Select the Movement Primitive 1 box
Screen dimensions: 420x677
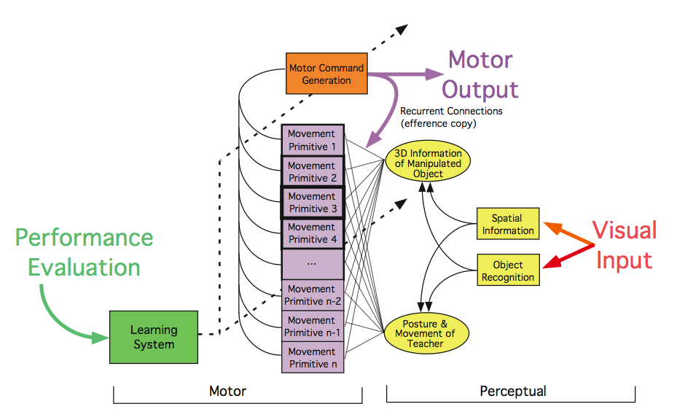tap(311, 140)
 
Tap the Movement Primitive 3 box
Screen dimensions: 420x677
tap(311, 203)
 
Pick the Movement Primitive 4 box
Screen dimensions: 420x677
tap(311, 233)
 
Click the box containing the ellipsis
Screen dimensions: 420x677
tap(311, 263)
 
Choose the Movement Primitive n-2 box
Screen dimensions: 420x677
tap(311, 295)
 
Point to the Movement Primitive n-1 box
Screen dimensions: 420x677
tap(311, 327)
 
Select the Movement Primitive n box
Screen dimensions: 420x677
tap(311, 358)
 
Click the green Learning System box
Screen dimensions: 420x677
tap(153, 337)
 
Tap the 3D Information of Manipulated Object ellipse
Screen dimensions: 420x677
tap(428, 163)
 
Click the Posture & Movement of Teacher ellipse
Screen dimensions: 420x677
tap(424, 333)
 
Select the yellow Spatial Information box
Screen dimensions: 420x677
tap(508, 225)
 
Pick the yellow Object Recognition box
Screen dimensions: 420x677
tap(508, 271)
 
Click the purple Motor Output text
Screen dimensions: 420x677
tap(480, 74)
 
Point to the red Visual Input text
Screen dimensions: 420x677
tap(624, 245)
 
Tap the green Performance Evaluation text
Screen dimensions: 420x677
tap(84, 252)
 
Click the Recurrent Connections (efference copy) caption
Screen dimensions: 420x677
tap(451, 117)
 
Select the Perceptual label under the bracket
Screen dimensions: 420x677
tap(512, 392)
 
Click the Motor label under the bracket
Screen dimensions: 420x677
tap(227, 392)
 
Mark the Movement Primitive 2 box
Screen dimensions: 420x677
tap(311, 171)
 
